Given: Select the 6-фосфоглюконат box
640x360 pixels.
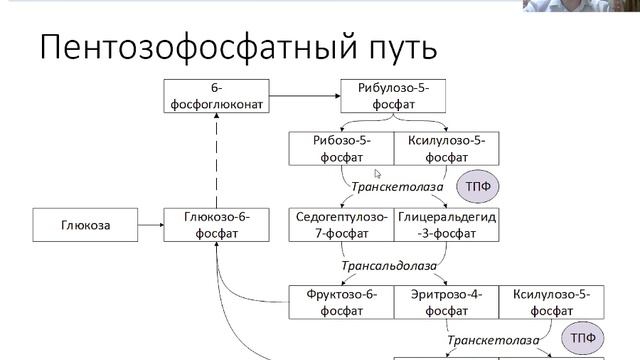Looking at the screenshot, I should [215, 96].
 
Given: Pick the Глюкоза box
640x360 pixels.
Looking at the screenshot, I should [85, 225].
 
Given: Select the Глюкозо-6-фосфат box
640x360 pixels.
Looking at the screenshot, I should [216, 225].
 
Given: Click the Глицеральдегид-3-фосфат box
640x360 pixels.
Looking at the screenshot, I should [446, 225].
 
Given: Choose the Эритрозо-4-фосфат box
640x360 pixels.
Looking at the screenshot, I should [446, 302].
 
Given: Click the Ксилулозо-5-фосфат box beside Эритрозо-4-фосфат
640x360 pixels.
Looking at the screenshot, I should [551, 302].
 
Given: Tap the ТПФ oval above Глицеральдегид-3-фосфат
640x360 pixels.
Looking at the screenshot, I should [477, 186].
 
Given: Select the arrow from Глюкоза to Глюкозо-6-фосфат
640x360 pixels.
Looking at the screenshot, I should [151, 225].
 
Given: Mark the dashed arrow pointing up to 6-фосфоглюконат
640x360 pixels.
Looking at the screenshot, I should [216, 160].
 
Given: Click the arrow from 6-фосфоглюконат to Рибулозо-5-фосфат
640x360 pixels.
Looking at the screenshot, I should [304, 96].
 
